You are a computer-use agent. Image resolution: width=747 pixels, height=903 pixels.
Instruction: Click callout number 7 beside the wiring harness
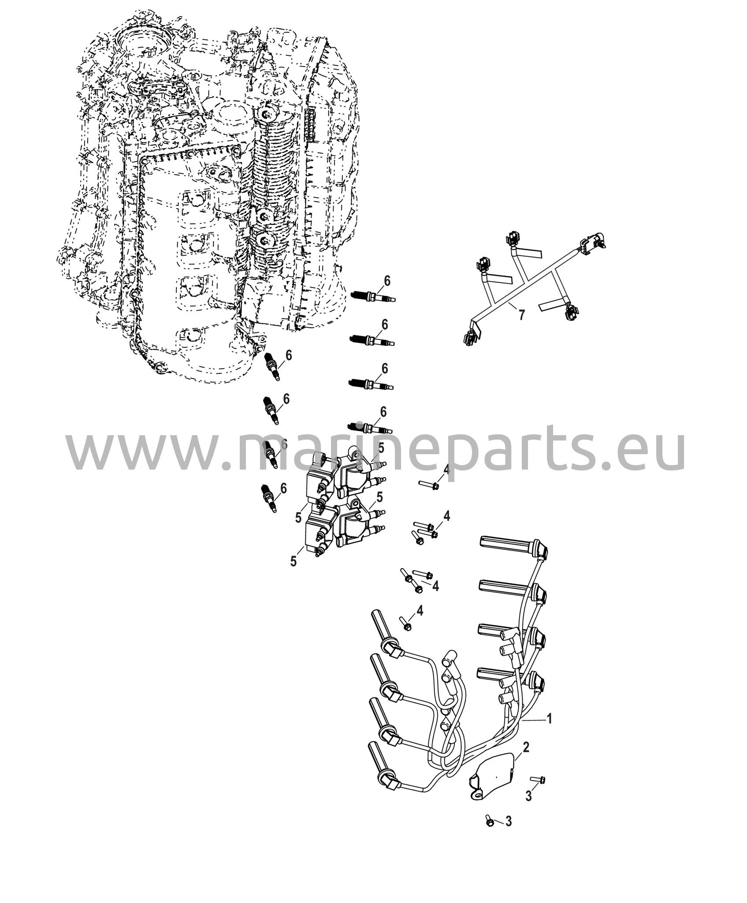(x=521, y=315)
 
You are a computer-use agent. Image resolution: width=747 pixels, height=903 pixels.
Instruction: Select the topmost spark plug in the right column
(x=373, y=296)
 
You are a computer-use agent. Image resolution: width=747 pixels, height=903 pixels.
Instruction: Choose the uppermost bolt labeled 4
(x=429, y=485)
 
